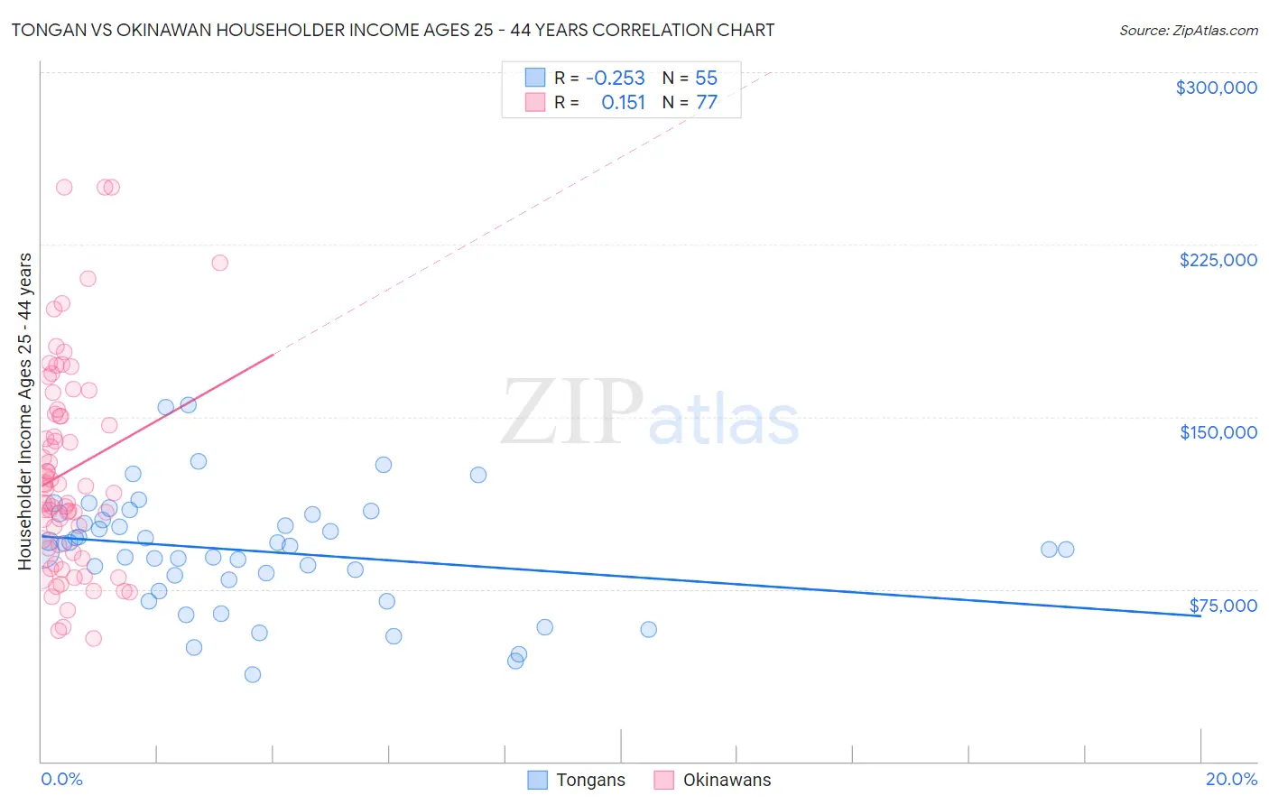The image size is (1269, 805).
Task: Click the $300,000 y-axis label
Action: [x=1216, y=88]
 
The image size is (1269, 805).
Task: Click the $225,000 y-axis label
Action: [x=1218, y=260]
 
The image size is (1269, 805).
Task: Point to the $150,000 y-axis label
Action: [x=1218, y=432]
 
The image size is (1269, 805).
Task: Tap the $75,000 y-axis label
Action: [x=1223, y=606]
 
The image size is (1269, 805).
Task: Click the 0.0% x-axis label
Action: [x=61, y=779]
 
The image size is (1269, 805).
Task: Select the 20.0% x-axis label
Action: [x=1231, y=779]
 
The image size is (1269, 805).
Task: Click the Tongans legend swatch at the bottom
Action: [x=537, y=780]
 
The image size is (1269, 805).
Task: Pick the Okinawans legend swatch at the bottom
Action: [x=664, y=780]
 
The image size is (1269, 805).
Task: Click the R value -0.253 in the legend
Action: [x=615, y=79]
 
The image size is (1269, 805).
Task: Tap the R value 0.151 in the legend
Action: [x=623, y=103]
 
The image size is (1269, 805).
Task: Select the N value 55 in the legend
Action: [x=706, y=79]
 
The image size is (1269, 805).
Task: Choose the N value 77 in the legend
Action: [x=706, y=103]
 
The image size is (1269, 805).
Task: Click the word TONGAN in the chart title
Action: [x=45, y=30]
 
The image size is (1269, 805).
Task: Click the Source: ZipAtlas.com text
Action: [x=1188, y=30]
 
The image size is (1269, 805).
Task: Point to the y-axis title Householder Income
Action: [x=25, y=411]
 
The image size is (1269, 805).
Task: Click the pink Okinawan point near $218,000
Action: [x=219, y=263]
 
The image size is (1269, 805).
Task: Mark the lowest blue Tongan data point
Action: [x=253, y=674]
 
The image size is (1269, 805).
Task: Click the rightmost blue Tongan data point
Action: [x=1066, y=549]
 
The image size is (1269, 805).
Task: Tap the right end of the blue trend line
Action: [x=1200, y=616]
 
